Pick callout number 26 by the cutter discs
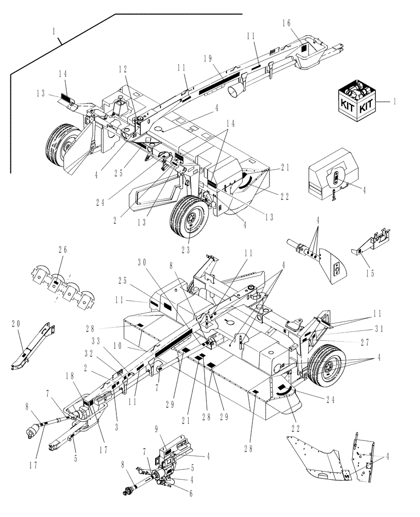pos(63,250)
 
